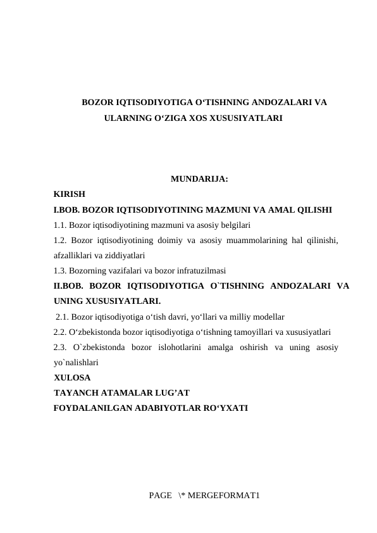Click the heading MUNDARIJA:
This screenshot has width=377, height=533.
199,179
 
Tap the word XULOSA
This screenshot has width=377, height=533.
72,378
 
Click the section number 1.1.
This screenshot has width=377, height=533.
60,224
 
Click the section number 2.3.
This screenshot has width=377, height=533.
60,347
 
